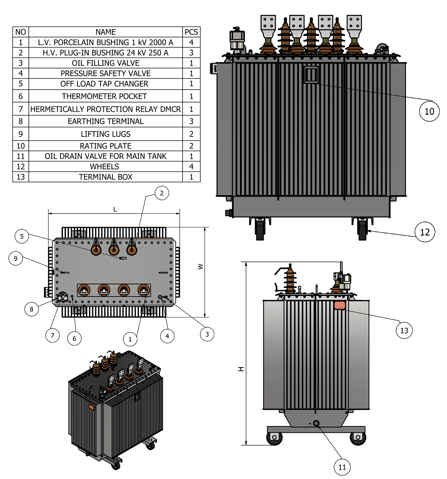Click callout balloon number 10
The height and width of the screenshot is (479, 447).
click(429, 111)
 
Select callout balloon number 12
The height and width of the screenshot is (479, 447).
click(425, 232)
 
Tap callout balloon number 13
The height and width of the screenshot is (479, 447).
click(404, 330)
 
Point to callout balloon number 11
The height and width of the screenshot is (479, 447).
click(342, 467)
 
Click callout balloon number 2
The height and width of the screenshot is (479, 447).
click(162, 193)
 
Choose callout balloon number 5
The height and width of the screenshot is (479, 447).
click(22, 236)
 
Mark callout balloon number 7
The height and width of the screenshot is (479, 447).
click(52, 336)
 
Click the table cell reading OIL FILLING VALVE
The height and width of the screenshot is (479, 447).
click(105, 63)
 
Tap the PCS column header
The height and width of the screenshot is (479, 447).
click(191, 32)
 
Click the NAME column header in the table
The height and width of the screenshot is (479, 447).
click(105, 32)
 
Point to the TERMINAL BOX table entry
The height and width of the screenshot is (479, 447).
click(105, 177)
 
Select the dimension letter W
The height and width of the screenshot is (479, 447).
click(200, 266)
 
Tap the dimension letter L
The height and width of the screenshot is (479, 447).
click(115, 209)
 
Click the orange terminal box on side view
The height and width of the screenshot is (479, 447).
click(340, 305)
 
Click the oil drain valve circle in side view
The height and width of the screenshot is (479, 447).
click(316, 423)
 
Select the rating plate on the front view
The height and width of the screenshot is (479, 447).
click(311, 75)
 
